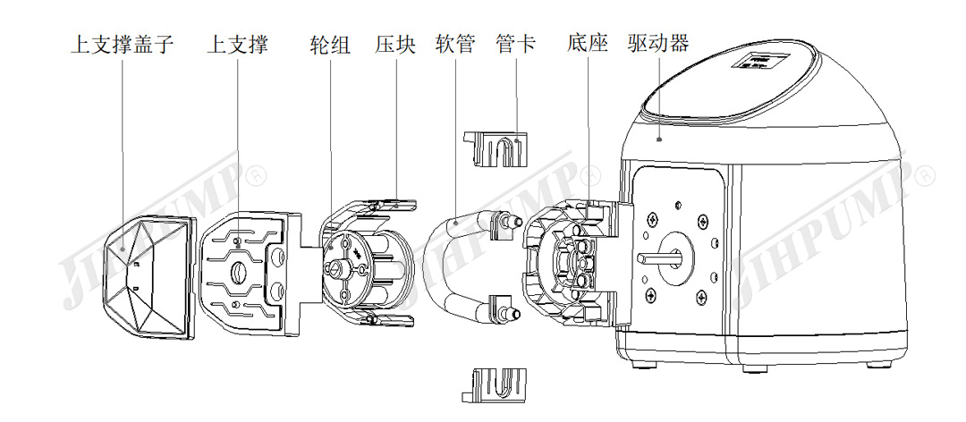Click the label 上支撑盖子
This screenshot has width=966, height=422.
coord(122,44)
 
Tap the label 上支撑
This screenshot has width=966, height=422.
coord(237,44)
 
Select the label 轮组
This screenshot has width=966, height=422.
coord(329,44)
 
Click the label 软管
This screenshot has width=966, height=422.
coord(455,44)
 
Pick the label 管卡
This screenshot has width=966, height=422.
coord(516,44)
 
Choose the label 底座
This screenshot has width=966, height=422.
coord(588,44)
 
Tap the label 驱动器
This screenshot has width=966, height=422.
coord(658,44)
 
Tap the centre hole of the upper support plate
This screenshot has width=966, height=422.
coord(240,272)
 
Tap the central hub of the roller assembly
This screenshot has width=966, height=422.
coord(337,266)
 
